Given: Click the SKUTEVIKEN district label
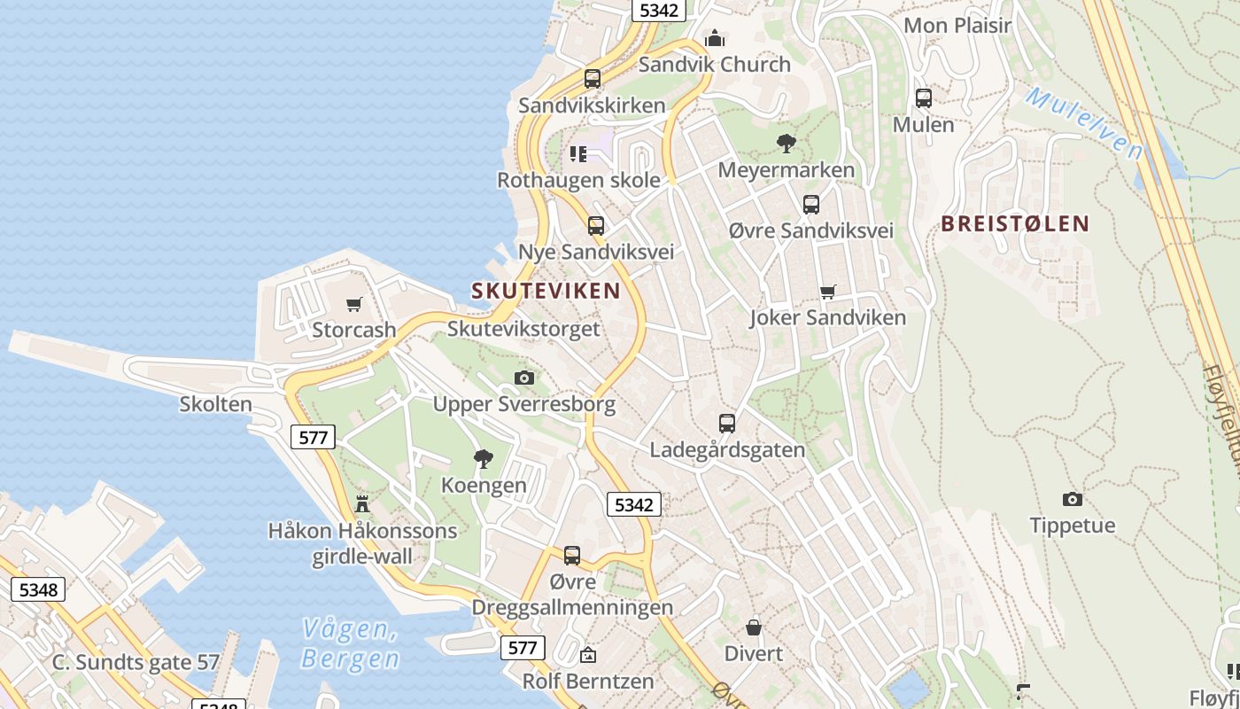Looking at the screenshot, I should (546, 291).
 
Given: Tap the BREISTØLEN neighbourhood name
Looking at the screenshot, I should (1015, 223).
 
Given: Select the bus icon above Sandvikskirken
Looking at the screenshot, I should (593, 79).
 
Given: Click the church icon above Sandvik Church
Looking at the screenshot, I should (715, 38).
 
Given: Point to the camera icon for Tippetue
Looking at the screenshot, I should (1072, 500).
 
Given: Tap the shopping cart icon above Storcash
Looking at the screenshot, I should (354, 305).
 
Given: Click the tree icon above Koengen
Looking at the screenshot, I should (484, 459).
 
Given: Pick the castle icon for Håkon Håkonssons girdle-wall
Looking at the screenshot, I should (362, 504).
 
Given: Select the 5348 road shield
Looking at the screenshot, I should (38, 589).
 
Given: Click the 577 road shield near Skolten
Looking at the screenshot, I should (314, 437).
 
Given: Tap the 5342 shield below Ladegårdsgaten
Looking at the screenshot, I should (633, 505).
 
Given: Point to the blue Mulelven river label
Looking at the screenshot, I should (1084, 122).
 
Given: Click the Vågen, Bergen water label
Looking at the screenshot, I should (350, 644).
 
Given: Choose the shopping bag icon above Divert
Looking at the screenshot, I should (754, 627).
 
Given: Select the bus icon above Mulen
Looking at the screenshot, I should (924, 98).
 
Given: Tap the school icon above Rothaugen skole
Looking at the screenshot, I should (578, 154).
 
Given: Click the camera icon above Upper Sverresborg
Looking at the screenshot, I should (524, 378).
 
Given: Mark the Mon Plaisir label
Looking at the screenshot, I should (957, 25).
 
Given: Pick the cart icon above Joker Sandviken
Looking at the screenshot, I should (828, 292).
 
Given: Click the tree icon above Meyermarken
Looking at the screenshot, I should (786, 144).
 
